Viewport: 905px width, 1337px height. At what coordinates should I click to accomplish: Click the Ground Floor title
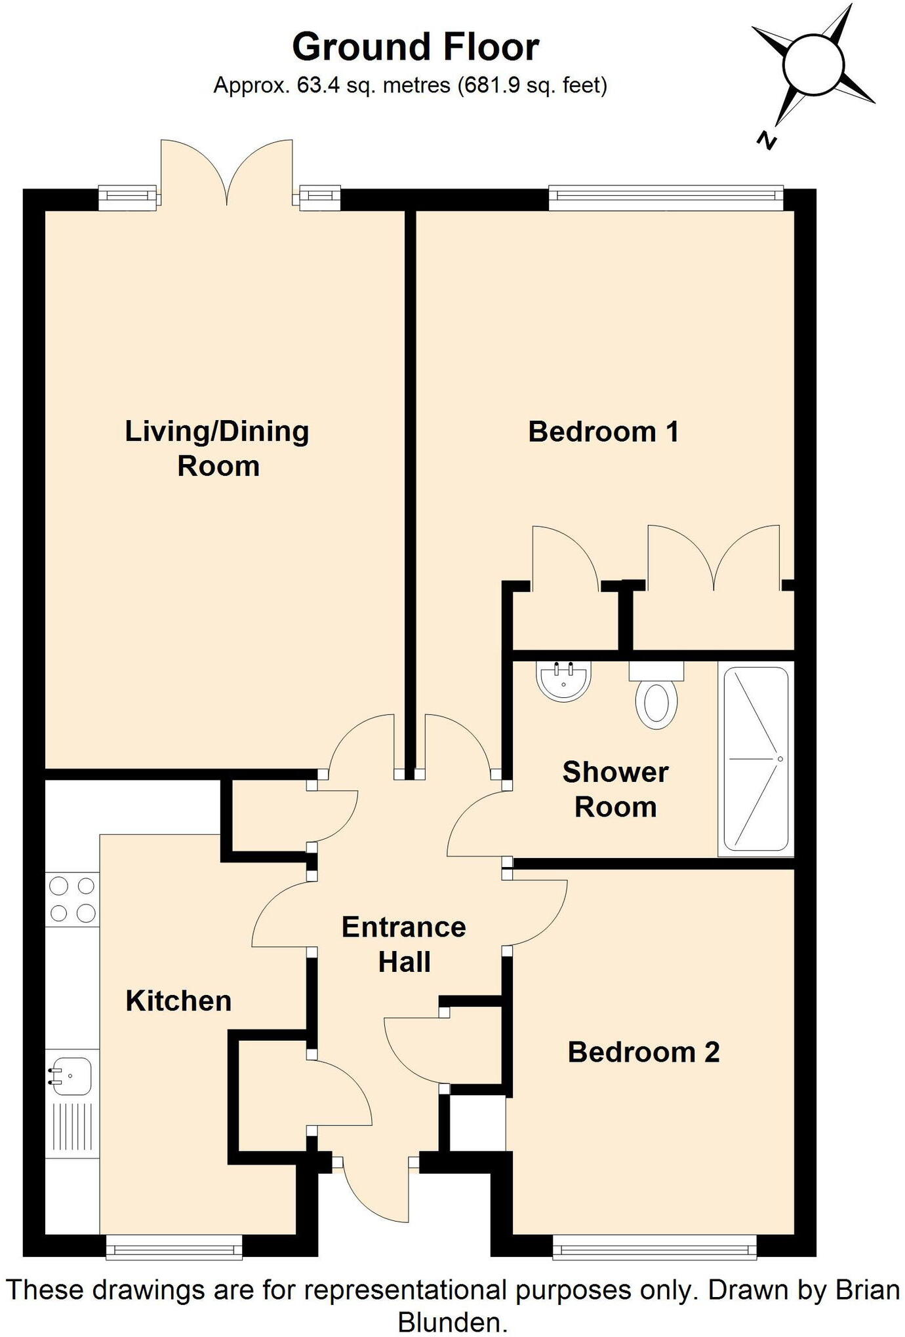coord(415,47)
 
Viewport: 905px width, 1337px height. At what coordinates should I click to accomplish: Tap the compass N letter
coord(765,140)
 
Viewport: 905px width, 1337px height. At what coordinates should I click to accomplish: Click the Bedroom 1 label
coord(603,432)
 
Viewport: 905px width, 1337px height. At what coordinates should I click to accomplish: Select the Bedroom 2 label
coord(643,1052)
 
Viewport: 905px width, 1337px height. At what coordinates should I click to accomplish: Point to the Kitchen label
coord(178,1001)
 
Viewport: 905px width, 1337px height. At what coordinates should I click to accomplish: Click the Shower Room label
coord(615,789)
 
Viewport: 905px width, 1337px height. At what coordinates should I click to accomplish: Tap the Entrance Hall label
coord(404,944)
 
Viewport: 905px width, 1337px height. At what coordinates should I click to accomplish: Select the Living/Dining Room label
coord(217,448)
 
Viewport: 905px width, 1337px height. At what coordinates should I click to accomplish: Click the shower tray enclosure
coord(755,759)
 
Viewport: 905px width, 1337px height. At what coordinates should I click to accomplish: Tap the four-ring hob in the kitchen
coord(72,899)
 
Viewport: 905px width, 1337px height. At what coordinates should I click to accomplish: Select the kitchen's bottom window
coord(174,1246)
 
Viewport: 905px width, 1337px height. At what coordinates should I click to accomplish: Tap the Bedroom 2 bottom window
coord(654,1246)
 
